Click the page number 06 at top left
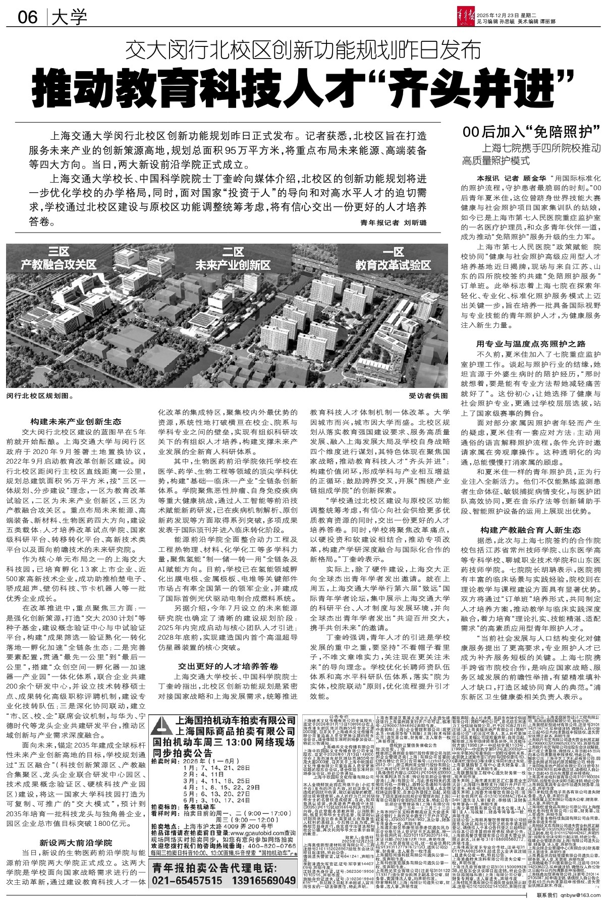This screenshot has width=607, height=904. pos(28,18)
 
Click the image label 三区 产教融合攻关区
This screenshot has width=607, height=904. pos(59,258)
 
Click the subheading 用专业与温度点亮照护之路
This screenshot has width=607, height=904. pos(531,344)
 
